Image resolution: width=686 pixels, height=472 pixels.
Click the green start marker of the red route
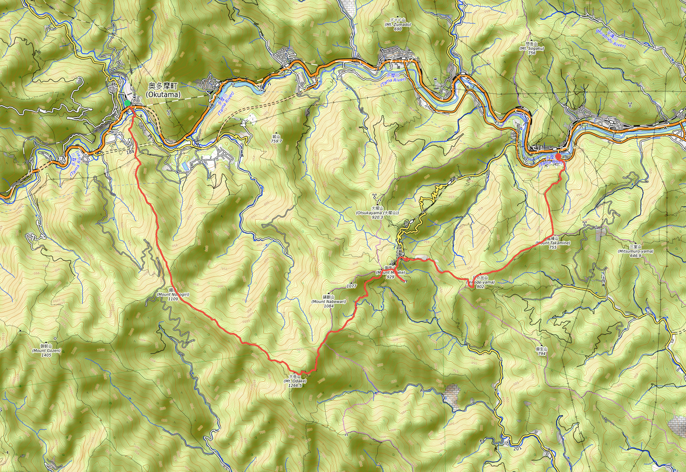(x=127, y=103)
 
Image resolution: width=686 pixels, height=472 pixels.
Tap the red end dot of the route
(x=558, y=157)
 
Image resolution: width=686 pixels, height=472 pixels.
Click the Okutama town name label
(x=163, y=91)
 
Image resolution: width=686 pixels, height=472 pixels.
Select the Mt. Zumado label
(x=398, y=24)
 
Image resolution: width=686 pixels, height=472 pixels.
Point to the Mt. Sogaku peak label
(x=532, y=48)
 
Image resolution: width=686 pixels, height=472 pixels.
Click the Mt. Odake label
(x=295, y=381)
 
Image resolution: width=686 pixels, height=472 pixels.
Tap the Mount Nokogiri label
(x=173, y=294)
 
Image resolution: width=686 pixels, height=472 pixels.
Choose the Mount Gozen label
(x=46, y=351)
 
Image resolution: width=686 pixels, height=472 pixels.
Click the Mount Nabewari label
(x=328, y=301)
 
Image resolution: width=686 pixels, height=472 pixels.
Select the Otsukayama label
(x=377, y=212)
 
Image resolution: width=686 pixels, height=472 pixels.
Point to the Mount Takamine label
(x=553, y=243)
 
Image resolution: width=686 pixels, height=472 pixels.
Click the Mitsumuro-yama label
(x=635, y=251)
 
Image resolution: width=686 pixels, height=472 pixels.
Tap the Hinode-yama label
(x=481, y=282)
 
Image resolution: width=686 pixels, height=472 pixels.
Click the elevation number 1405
(x=46, y=355)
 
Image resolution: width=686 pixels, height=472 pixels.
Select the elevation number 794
(x=542, y=354)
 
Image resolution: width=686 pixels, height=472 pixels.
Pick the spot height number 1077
(x=351, y=286)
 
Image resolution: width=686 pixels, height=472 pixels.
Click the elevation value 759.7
(x=277, y=141)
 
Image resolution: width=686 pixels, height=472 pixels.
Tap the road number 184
(x=130, y=152)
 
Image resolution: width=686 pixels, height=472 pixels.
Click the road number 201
(x=517, y=449)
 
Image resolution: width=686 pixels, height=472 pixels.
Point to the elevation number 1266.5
(x=295, y=386)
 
